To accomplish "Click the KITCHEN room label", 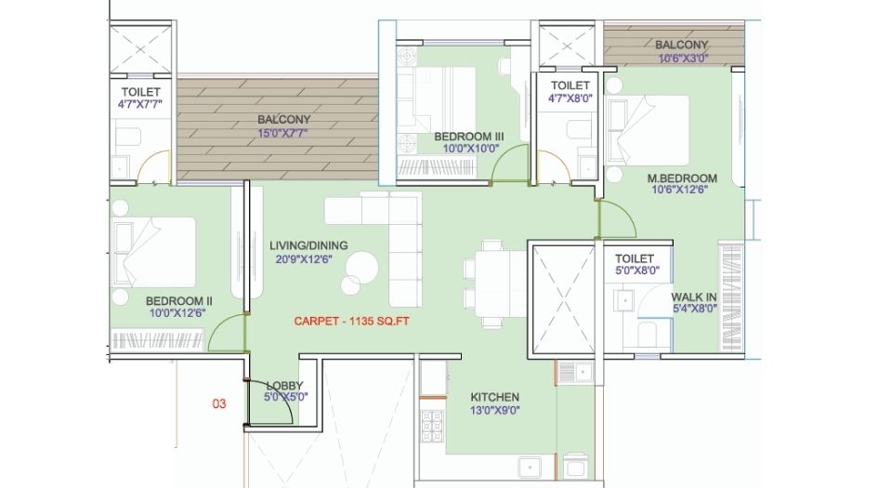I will pos(494,397).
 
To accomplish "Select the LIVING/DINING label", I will pos(308,245).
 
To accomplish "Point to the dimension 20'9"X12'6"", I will pos(308,259).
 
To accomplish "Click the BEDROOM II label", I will pos(179,300).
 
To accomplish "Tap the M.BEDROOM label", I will pos(682,178).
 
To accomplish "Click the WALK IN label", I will pos(693,297).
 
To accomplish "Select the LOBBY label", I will pos(284,385).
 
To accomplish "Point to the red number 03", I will pos(218,403).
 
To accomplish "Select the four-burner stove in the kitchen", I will pos(431,427).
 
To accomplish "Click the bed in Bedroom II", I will pos(153,252).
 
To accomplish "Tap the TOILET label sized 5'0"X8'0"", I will pos(635,258).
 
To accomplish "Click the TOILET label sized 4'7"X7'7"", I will pos(140,92).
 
